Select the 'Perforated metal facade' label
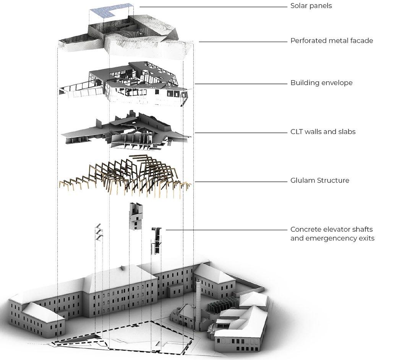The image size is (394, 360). [331, 40]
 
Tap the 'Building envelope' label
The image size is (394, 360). [321, 83]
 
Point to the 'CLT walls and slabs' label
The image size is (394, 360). [323, 132]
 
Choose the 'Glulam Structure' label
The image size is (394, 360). [319, 180]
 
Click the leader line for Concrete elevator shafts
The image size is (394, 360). [225, 230]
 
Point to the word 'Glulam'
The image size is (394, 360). [303, 180]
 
